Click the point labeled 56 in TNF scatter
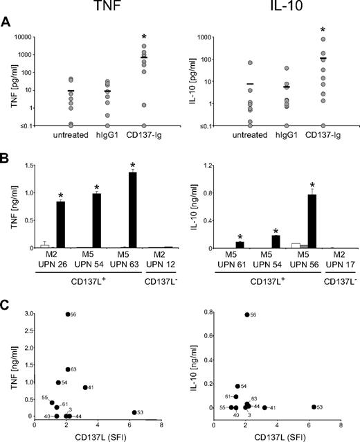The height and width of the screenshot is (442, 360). (67, 314)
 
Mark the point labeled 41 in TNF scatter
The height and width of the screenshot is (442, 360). (85, 387)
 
